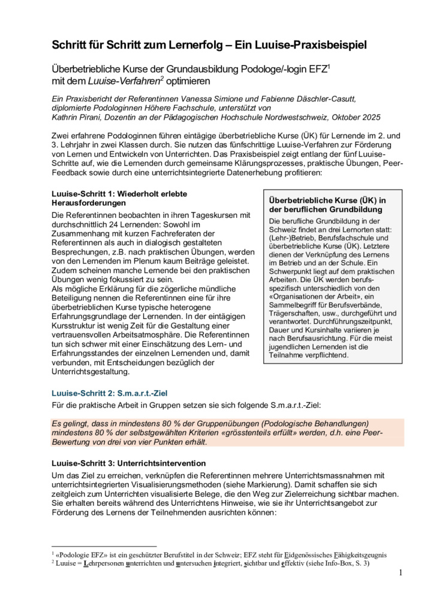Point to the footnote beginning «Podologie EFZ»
pos(216,554)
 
